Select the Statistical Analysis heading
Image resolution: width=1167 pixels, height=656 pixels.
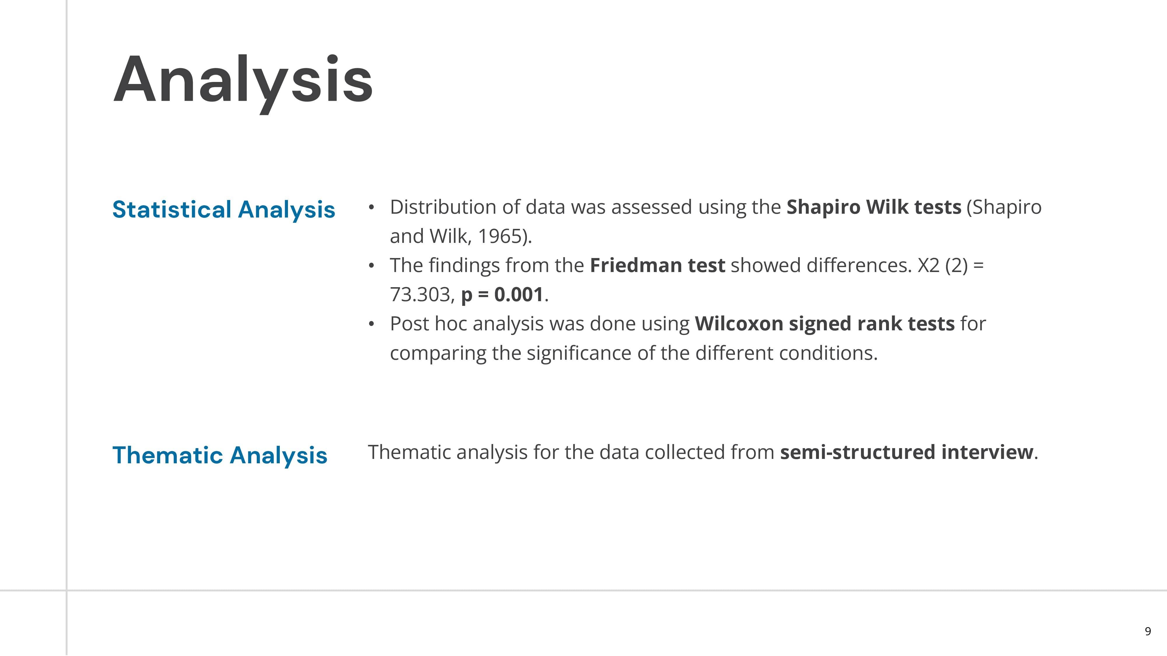point(224,210)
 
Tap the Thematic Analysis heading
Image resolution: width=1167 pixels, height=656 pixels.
point(220,455)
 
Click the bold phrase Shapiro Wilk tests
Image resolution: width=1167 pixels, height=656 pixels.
point(874,207)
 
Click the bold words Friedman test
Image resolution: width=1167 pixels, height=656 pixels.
point(657,265)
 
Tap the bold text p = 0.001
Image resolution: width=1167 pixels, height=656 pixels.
point(502,295)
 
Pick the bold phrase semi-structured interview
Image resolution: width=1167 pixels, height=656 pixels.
point(906,452)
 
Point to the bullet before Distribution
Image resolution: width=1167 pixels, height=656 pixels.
point(371,207)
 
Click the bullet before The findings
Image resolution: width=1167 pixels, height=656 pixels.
point(371,266)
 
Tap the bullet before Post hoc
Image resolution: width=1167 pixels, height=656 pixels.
point(371,324)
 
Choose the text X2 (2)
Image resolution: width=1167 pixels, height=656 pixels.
point(942,266)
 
